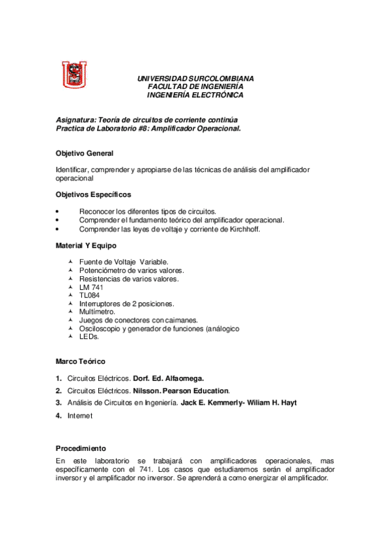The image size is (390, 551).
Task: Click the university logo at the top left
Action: pyautogui.click(x=74, y=74)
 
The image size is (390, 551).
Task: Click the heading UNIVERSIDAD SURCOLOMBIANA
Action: pyautogui.click(x=195, y=79)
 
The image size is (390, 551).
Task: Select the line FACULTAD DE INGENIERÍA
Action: pyautogui.click(x=195, y=86)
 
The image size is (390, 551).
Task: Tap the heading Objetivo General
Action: pyautogui.click(x=85, y=153)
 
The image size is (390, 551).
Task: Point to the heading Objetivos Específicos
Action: pyautogui.click(x=94, y=194)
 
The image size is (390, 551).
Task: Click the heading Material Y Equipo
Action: pyautogui.click(x=87, y=245)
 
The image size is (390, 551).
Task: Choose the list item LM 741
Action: pyautogui.click(x=91, y=287)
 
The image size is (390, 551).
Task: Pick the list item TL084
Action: pyautogui.click(x=90, y=295)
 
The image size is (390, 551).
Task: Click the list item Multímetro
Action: pyautogui.click(x=96, y=311)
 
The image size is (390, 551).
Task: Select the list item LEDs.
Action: pyautogui.click(x=89, y=337)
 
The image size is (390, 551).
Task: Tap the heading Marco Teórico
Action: pyautogui.click(x=81, y=361)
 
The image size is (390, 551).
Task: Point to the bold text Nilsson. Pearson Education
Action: pyautogui.click(x=181, y=391)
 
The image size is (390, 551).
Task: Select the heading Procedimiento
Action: pyautogui.click(x=81, y=448)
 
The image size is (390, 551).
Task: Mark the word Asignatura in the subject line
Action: pyautogui.click(x=74, y=120)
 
